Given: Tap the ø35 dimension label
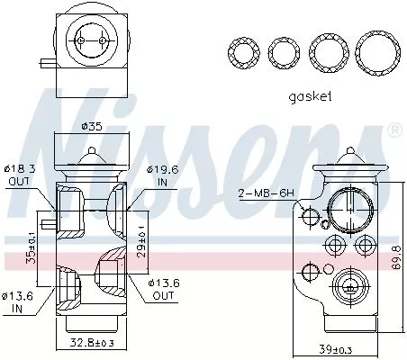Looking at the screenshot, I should click(90, 126).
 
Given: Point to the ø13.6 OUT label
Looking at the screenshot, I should click(164, 289).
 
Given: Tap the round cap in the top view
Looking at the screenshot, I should click(89, 40).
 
